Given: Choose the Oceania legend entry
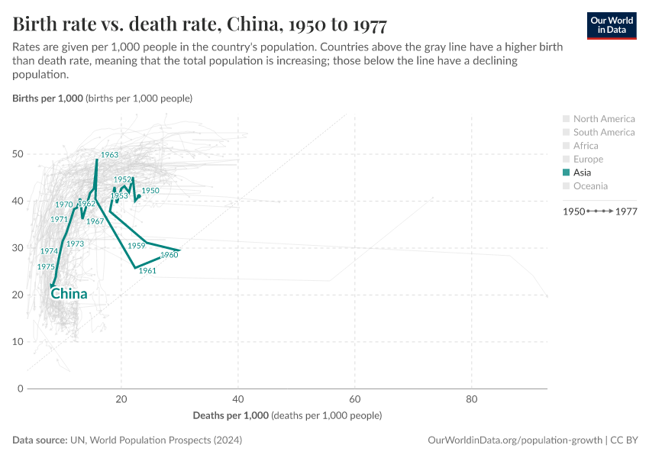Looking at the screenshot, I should [x=590, y=186].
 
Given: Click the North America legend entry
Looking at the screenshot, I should [x=603, y=118].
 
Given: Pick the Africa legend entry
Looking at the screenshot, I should [x=586, y=146].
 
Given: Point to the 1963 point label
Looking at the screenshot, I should [x=109, y=155].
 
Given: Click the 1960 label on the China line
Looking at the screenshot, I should [x=169, y=255].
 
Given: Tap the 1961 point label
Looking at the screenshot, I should [x=147, y=271].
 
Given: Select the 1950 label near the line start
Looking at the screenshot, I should [x=150, y=190].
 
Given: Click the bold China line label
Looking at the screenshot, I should [x=69, y=294].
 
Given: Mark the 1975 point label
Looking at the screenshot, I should [x=46, y=267].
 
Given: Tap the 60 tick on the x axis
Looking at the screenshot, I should [x=355, y=400].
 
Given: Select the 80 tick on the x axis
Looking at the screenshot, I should [x=472, y=400].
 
